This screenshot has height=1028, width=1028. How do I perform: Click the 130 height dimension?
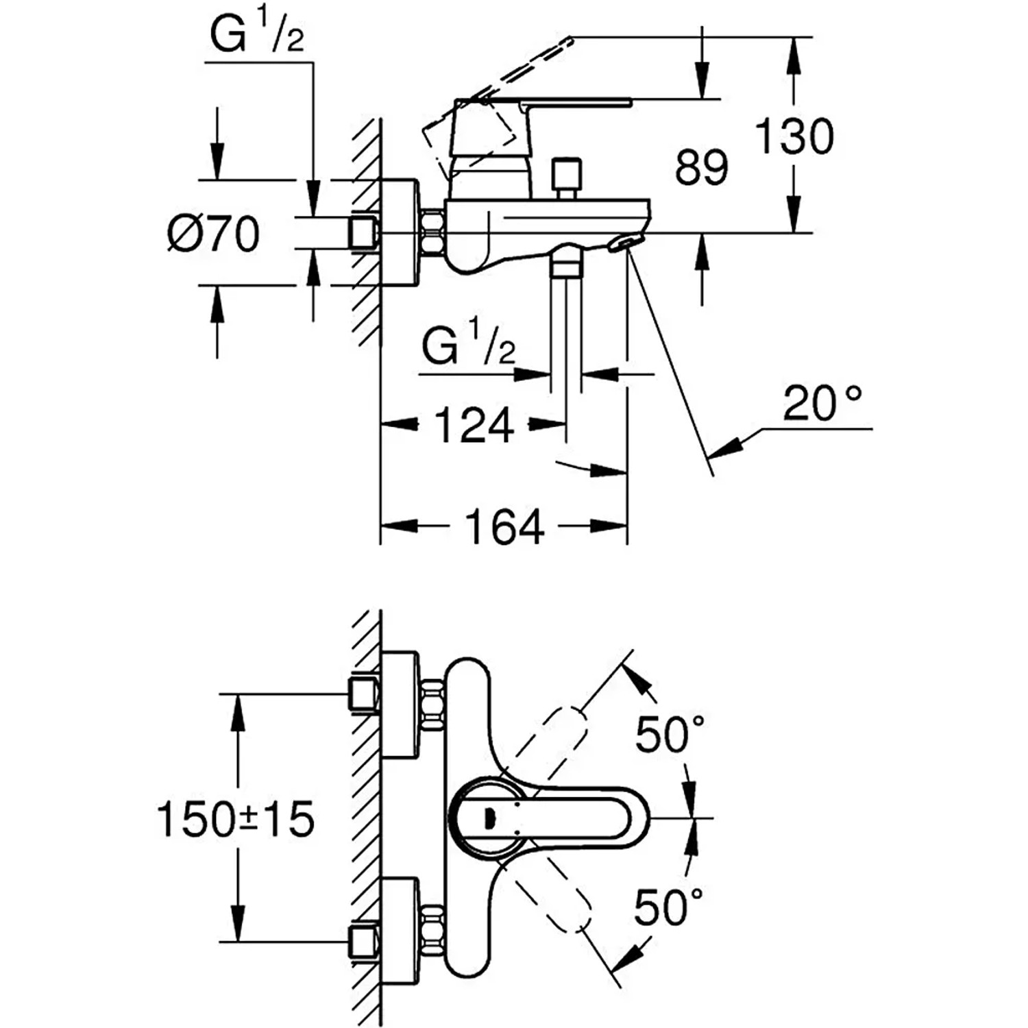click(x=794, y=136)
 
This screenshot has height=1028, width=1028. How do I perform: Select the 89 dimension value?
click(x=700, y=167)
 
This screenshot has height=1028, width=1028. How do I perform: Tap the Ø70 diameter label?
click(x=214, y=234)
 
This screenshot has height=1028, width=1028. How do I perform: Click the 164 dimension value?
click(x=504, y=526)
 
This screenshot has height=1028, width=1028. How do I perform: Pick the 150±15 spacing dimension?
click(x=235, y=818)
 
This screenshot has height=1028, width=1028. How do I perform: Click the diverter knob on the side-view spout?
click(x=567, y=178)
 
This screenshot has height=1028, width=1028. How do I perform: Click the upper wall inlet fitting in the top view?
click(x=364, y=694)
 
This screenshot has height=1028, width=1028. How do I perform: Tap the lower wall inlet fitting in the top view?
click(x=364, y=942)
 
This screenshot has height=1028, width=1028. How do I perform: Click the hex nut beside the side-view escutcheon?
click(x=432, y=233)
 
